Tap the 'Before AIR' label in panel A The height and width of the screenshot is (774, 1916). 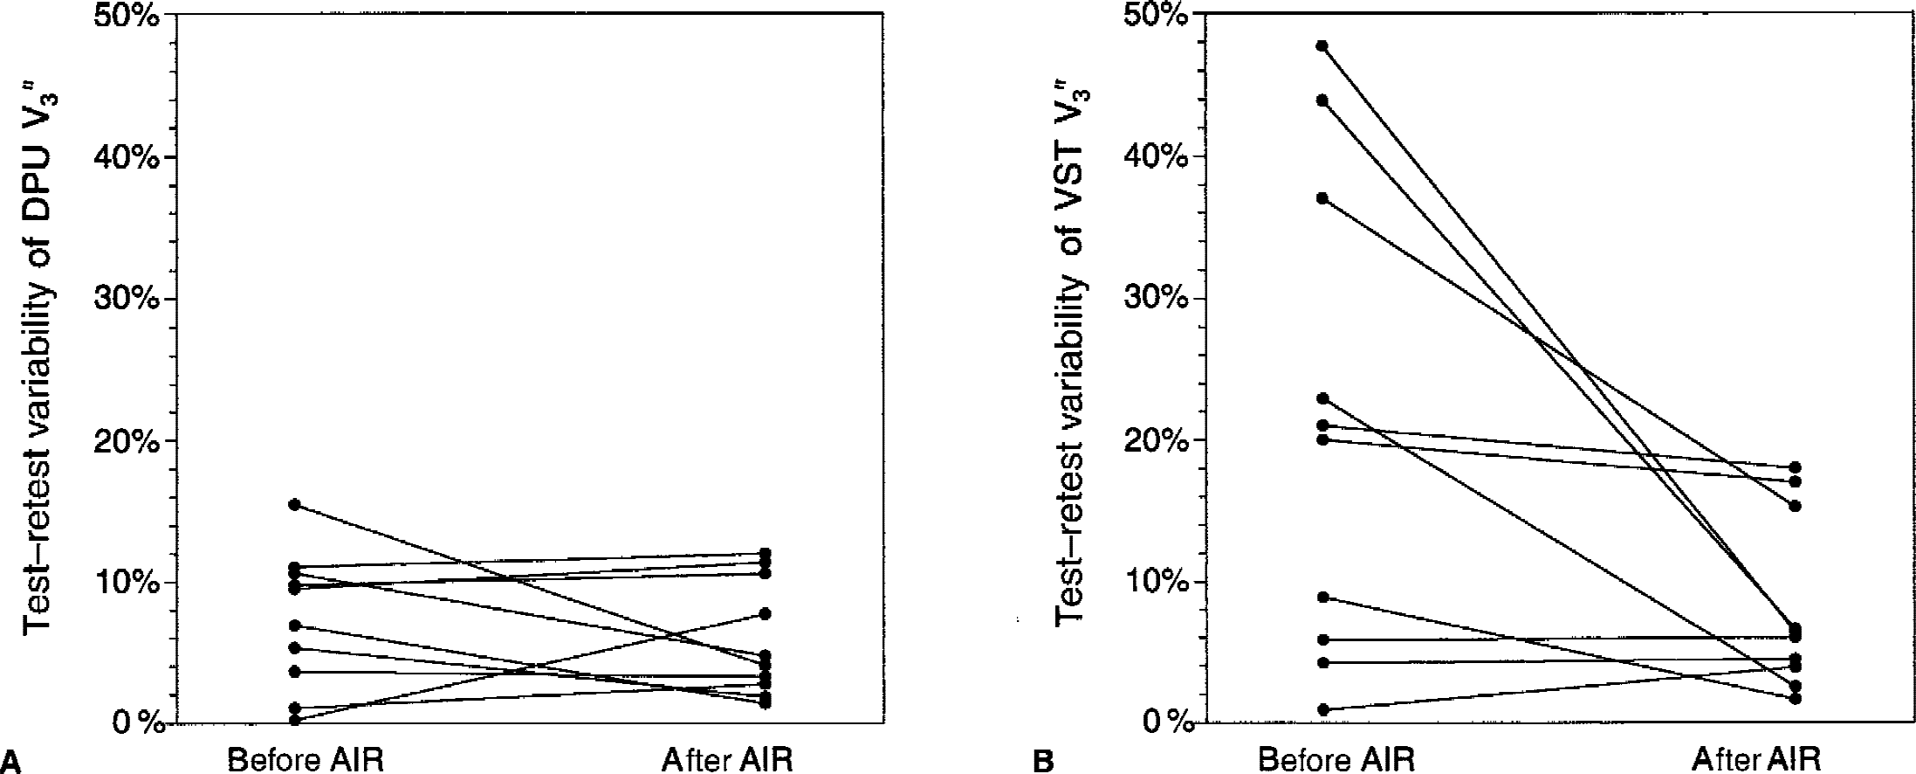pyautogui.click(x=305, y=759)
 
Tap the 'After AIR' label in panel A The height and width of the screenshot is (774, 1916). pyautogui.click(x=727, y=759)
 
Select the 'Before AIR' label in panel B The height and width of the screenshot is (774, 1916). pyautogui.click(x=1336, y=759)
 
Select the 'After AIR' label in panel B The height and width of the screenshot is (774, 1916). pyautogui.click(x=1756, y=759)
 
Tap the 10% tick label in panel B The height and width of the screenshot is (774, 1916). pyautogui.click(x=1157, y=582)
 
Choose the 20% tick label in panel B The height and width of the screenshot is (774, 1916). pyautogui.click(x=1157, y=440)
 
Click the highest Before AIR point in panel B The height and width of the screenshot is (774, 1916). pyautogui.click(x=1322, y=45)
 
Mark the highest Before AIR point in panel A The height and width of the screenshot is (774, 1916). pyautogui.click(x=294, y=504)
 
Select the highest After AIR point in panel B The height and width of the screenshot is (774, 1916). pyautogui.click(x=1795, y=467)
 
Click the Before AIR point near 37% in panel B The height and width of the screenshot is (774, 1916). pyautogui.click(x=1322, y=198)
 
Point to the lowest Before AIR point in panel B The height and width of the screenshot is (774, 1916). pyautogui.click(x=1322, y=709)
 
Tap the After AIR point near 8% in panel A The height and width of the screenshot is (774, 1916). pyautogui.click(x=765, y=614)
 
